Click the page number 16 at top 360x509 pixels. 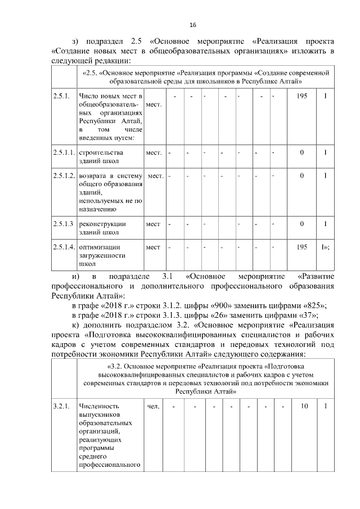pyautogui.click(x=192, y=25)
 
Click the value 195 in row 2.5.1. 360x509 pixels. pyautogui.click(x=301, y=97)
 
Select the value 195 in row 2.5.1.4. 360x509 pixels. pyautogui.click(x=301, y=247)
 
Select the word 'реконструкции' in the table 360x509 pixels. pyautogui.click(x=102, y=224)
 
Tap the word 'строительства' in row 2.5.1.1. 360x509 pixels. pyautogui.click(x=101, y=152)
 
